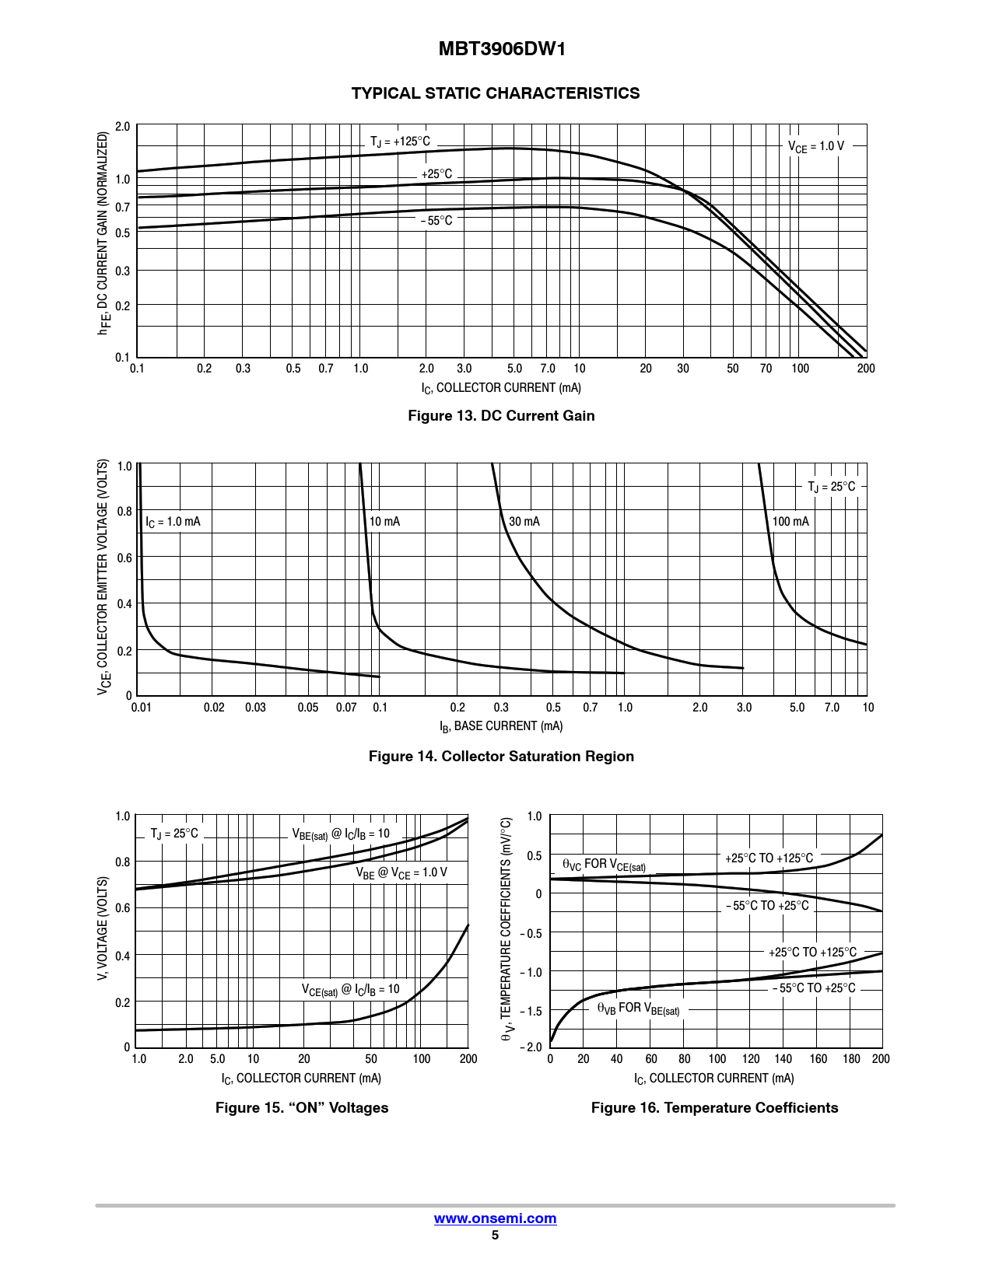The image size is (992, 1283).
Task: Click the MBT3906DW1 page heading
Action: (502, 49)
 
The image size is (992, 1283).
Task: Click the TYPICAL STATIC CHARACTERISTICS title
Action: (496, 93)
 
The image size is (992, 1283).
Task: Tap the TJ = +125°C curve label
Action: (400, 142)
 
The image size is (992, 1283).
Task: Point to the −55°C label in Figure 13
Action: (436, 221)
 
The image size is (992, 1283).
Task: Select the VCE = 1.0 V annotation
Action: (815, 146)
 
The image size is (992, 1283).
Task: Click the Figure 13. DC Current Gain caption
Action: (501, 416)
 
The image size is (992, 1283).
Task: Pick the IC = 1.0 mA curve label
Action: (173, 522)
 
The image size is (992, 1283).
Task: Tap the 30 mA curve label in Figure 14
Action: (524, 522)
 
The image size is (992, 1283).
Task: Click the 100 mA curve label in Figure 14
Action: (790, 522)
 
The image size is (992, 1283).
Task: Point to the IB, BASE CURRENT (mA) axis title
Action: (501, 726)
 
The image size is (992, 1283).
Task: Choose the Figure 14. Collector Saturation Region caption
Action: (501, 757)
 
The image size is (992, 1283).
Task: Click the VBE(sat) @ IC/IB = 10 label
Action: (341, 834)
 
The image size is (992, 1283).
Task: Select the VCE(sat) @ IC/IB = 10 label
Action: (350, 990)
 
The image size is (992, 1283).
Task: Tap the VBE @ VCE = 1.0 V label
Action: (401, 873)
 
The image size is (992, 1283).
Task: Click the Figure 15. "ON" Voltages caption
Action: (302, 1108)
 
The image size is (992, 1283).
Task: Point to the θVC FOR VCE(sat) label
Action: (604, 865)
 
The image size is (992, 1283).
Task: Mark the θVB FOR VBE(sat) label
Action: (638, 1009)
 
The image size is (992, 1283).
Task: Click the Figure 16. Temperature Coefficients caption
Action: (714, 1108)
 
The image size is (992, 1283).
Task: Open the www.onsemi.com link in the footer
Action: (495, 1218)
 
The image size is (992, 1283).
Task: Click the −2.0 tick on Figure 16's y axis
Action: (531, 1047)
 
